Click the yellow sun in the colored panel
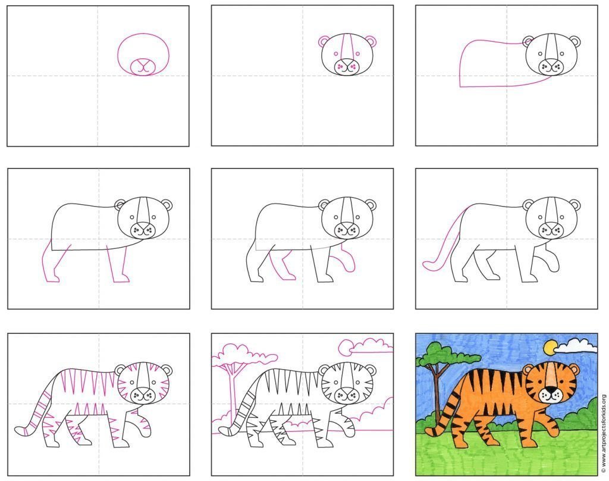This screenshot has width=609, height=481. [551, 348]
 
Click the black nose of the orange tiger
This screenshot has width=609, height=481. [550, 389]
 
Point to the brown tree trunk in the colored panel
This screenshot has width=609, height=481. [437, 393]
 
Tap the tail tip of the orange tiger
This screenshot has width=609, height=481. [430, 432]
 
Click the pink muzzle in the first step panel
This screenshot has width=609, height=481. [143, 67]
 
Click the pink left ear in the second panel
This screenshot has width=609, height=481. [324, 42]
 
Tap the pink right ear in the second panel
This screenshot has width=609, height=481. [371, 42]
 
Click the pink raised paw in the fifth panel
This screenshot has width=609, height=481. [348, 258]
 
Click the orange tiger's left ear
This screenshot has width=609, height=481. [528, 369]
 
